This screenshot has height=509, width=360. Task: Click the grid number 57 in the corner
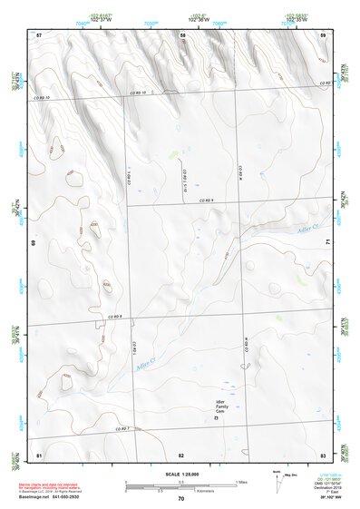tap(39, 34)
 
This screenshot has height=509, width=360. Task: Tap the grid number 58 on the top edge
tap(182, 34)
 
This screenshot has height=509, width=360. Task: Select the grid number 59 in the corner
tap(324, 34)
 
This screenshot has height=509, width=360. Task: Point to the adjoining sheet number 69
tap(34, 243)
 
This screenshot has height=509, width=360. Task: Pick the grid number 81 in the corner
tap(39, 454)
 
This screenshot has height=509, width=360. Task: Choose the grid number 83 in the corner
tap(323, 454)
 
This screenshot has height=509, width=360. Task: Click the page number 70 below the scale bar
tap(180, 498)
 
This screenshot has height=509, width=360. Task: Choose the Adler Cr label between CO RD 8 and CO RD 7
tap(143, 367)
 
